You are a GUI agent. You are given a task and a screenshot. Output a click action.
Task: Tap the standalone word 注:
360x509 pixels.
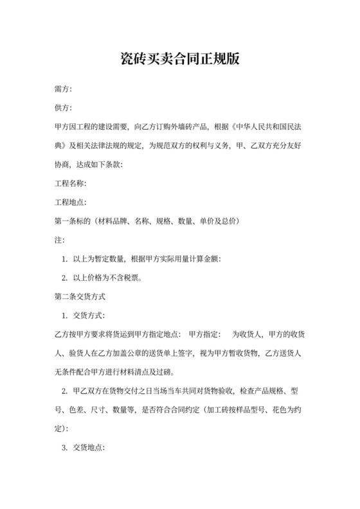coord(59,240)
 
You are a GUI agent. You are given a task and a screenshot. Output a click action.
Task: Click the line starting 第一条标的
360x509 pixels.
coord(148,221)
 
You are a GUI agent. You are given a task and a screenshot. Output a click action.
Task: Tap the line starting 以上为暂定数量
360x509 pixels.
coord(147,259)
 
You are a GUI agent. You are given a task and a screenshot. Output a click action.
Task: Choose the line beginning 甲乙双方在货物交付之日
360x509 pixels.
coord(186,391)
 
